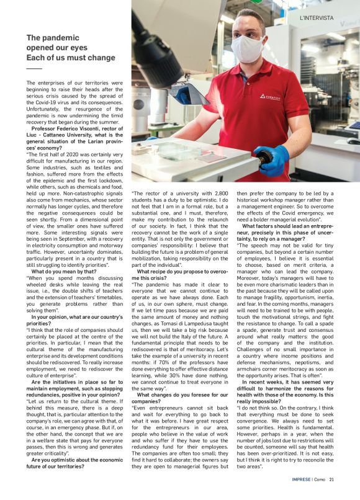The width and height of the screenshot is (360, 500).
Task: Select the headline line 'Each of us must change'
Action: pyautogui.click(x=71, y=57)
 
